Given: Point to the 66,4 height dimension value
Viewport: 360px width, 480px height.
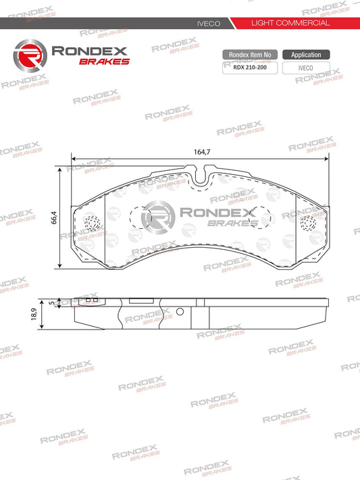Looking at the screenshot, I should pos(53,218).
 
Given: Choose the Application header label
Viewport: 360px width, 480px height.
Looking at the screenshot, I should pos(306,55).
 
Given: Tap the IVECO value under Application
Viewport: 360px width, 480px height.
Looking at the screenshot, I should pos(306,68).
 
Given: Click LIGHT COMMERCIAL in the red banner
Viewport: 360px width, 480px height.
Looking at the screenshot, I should pos(290,23).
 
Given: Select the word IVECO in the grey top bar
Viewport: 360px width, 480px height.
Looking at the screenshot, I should pos(209,23).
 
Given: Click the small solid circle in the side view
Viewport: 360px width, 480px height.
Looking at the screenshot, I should pos(180,312).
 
